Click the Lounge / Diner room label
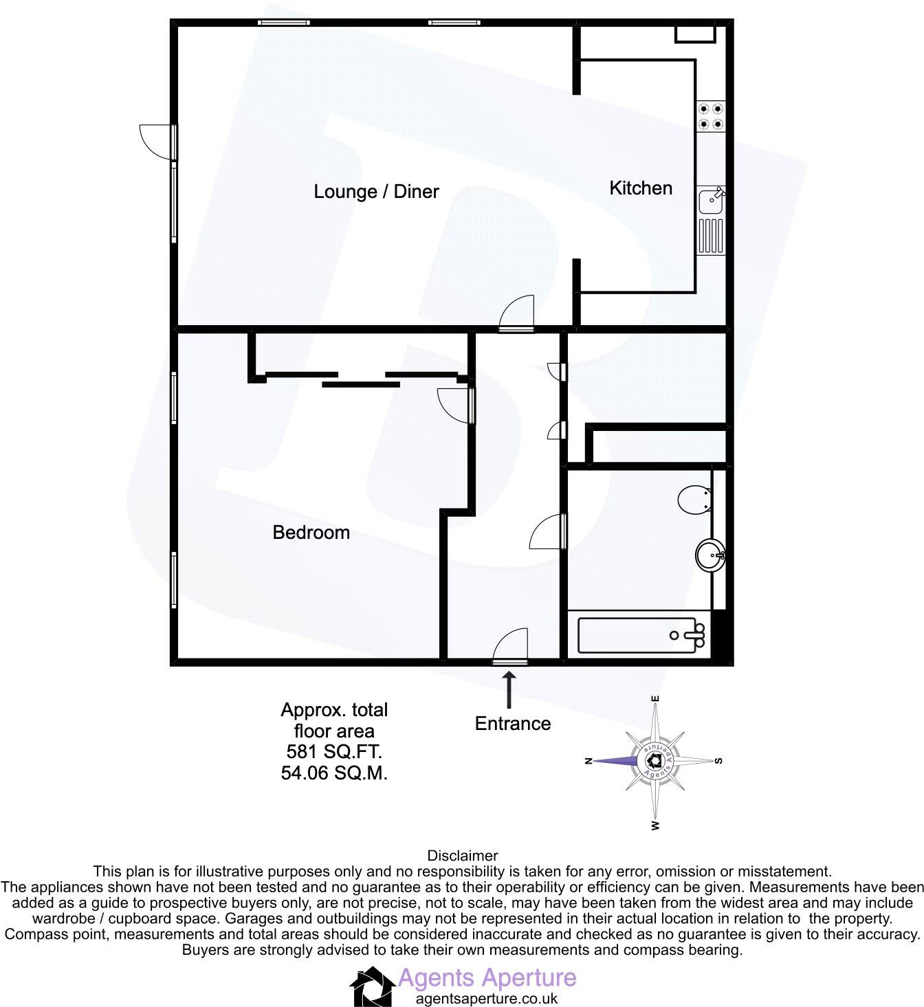[376, 192]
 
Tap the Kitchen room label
[641, 188]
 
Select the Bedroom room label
[311, 533]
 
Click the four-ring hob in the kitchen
[711, 117]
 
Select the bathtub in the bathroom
[641, 635]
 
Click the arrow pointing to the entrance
[509, 689]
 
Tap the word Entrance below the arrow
[513, 724]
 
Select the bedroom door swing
[455, 405]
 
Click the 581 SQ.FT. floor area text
[334, 752]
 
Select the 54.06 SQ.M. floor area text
[334, 773]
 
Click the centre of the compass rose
[654, 761]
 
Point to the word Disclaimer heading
[463, 856]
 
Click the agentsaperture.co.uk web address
[487, 999]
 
